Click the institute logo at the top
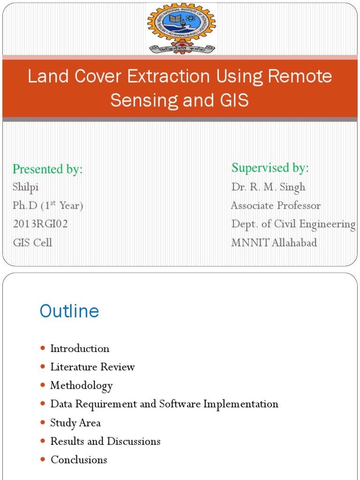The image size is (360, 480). (181, 28)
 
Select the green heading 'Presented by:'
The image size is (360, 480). (47, 169)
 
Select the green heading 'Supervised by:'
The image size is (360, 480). (270, 168)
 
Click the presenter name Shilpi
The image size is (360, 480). (26, 187)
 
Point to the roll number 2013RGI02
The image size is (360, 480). (40, 224)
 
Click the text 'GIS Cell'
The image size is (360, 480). (32, 243)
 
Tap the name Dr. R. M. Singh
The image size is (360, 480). (268, 187)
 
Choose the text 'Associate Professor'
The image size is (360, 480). (276, 206)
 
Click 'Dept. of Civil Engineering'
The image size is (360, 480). (293, 224)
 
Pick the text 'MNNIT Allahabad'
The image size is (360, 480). (274, 243)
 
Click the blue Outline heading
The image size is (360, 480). (69, 311)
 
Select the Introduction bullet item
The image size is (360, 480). (80, 349)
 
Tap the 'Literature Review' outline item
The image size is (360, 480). (92, 367)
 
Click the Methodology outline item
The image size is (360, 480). (82, 386)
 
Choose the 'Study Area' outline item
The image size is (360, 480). (75, 423)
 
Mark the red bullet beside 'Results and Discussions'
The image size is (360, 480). (43, 442)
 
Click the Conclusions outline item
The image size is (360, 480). (79, 460)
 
